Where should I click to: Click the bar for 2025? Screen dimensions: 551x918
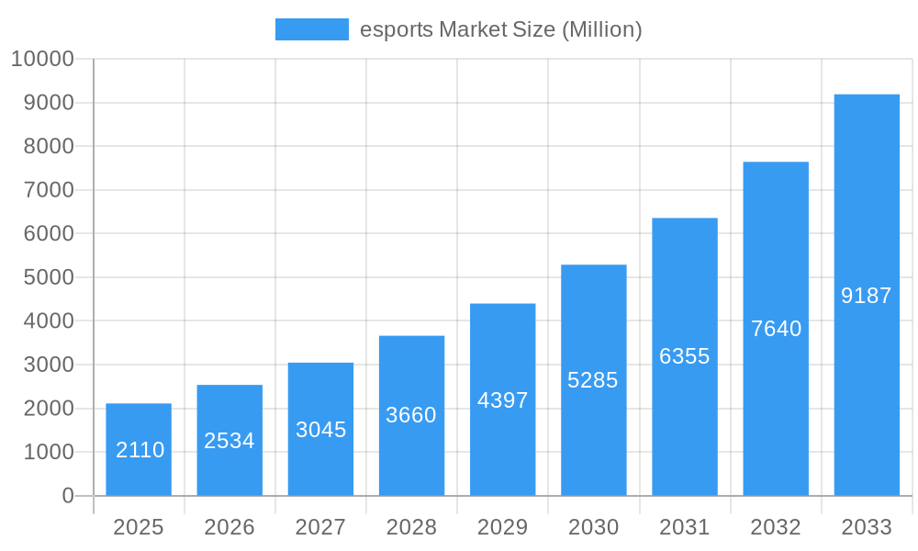coord(139,432)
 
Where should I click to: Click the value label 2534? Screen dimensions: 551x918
coord(229,441)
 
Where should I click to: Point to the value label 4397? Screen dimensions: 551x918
coord(503,400)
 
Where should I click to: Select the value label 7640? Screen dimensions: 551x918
coord(776,329)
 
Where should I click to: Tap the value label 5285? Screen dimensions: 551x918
coord(593,380)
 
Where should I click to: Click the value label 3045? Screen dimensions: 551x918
coord(320,429)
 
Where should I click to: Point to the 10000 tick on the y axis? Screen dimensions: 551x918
coord(42,60)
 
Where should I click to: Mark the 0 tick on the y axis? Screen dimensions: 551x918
coord(68,496)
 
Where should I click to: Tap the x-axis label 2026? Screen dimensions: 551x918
coord(229,527)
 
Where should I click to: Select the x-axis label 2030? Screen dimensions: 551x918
coord(593,527)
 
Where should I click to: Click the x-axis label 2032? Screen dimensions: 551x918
coord(776,527)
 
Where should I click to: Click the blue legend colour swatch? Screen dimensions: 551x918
coord(312,29)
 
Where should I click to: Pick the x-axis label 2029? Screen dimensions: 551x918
coord(503,527)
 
